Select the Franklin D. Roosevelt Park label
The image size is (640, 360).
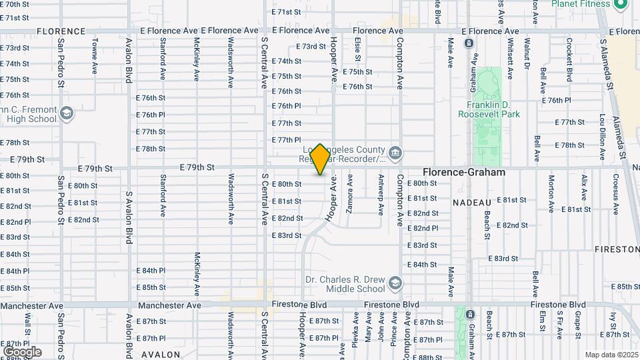(488, 109)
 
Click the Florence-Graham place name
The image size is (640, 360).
(463, 172)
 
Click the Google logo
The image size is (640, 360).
(22, 351)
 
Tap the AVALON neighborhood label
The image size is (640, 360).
(161, 354)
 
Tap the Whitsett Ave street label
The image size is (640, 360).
(510, 56)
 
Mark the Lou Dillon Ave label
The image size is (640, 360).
(601, 137)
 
